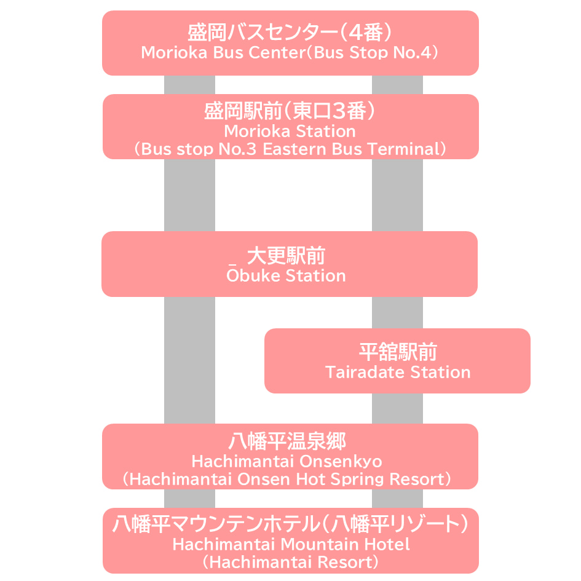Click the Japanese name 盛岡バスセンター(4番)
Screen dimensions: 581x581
[290, 32]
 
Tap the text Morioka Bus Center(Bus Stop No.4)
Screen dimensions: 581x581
[290, 52]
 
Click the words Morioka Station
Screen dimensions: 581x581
[290, 131]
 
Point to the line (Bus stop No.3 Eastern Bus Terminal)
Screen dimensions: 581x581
[290, 149]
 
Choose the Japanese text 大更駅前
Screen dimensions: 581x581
[286, 256]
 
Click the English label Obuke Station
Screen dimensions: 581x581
[286, 276]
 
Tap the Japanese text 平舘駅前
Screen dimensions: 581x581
[398, 352]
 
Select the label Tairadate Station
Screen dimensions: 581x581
[398, 373]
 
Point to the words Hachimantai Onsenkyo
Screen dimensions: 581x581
[287, 461]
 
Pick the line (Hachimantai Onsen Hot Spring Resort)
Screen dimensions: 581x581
[287, 479]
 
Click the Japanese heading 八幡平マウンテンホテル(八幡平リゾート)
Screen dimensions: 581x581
[290, 524]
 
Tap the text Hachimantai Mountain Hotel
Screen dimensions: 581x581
[290, 544]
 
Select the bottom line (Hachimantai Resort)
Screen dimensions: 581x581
[290, 562]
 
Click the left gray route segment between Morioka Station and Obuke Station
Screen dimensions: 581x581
[189, 195]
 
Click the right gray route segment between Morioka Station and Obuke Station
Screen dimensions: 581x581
[397, 195]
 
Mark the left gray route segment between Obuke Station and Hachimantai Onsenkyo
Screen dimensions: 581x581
[189, 360]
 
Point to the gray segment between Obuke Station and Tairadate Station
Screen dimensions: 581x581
[397, 312]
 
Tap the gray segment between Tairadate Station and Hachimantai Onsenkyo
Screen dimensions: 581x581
[397, 408]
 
